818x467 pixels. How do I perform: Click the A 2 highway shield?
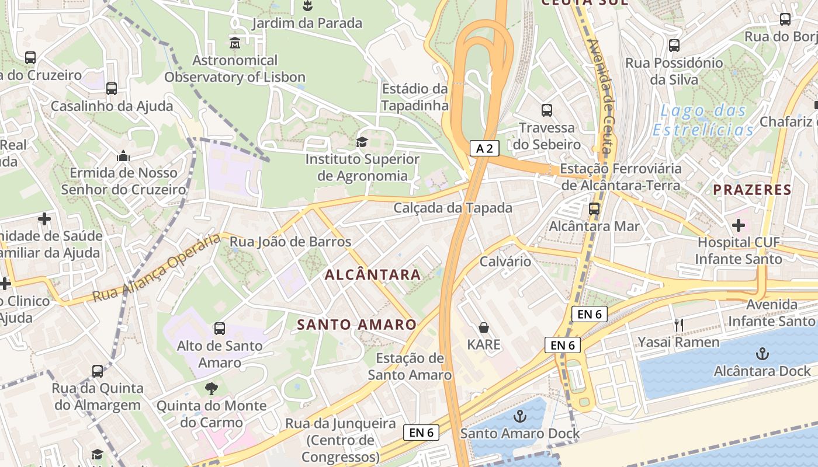pyautogui.click(x=484, y=148)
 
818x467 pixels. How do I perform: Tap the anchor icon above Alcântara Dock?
pyautogui.click(x=762, y=353)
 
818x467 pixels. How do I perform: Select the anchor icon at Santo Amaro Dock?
pyautogui.click(x=519, y=416)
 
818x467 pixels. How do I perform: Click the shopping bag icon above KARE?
pyautogui.click(x=484, y=327)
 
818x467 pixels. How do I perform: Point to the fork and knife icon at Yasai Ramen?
pyautogui.click(x=678, y=325)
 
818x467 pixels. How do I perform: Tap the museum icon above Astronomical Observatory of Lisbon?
pyautogui.click(x=235, y=43)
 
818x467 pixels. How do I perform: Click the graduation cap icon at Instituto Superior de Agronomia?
pyautogui.click(x=362, y=142)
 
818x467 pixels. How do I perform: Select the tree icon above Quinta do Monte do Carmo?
pyautogui.click(x=211, y=388)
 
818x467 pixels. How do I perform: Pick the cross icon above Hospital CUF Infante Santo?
pyautogui.click(x=739, y=225)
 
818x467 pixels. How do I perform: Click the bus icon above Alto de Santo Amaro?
pyautogui.click(x=220, y=329)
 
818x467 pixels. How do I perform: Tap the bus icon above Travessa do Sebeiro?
pyautogui.click(x=547, y=110)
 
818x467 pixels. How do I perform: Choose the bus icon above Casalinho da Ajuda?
pyautogui.click(x=111, y=89)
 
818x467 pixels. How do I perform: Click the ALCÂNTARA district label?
pyautogui.click(x=372, y=274)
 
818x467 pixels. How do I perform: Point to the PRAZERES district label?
pyautogui.click(x=753, y=190)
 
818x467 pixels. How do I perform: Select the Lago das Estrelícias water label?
pyautogui.click(x=703, y=120)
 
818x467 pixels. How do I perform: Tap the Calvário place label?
pyautogui.click(x=505, y=261)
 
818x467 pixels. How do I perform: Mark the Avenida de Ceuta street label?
pyautogui.click(x=601, y=96)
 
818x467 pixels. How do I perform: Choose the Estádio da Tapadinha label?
pyautogui.click(x=415, y=97)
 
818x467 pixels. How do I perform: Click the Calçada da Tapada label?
pyautogui.click(x=453, y=208)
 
